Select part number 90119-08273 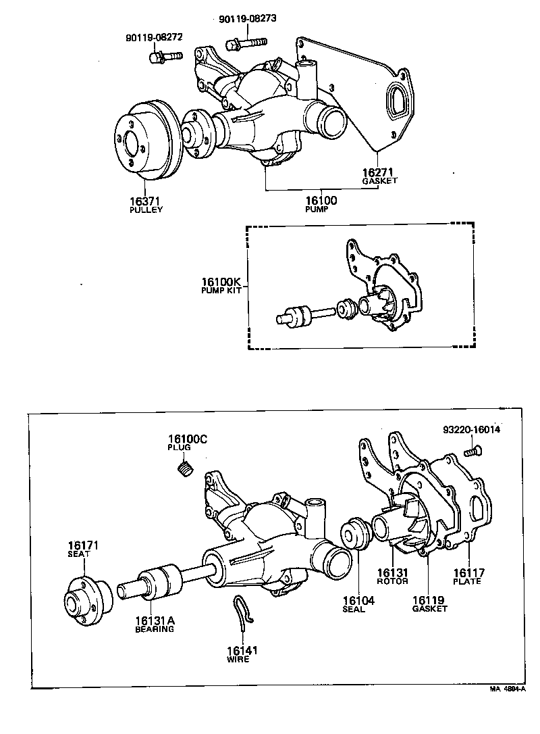coord(248,19)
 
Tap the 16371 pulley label coord(146,205)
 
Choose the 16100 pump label coord(321,204)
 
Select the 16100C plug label coord(187,443)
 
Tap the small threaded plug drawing coord(186,468)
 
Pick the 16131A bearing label coord(154,623)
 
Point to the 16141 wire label coord(242,654)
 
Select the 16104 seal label coord(354,604)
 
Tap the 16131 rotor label coord(392,576)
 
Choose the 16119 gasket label coord(429,604)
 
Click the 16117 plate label coord(466,576)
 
